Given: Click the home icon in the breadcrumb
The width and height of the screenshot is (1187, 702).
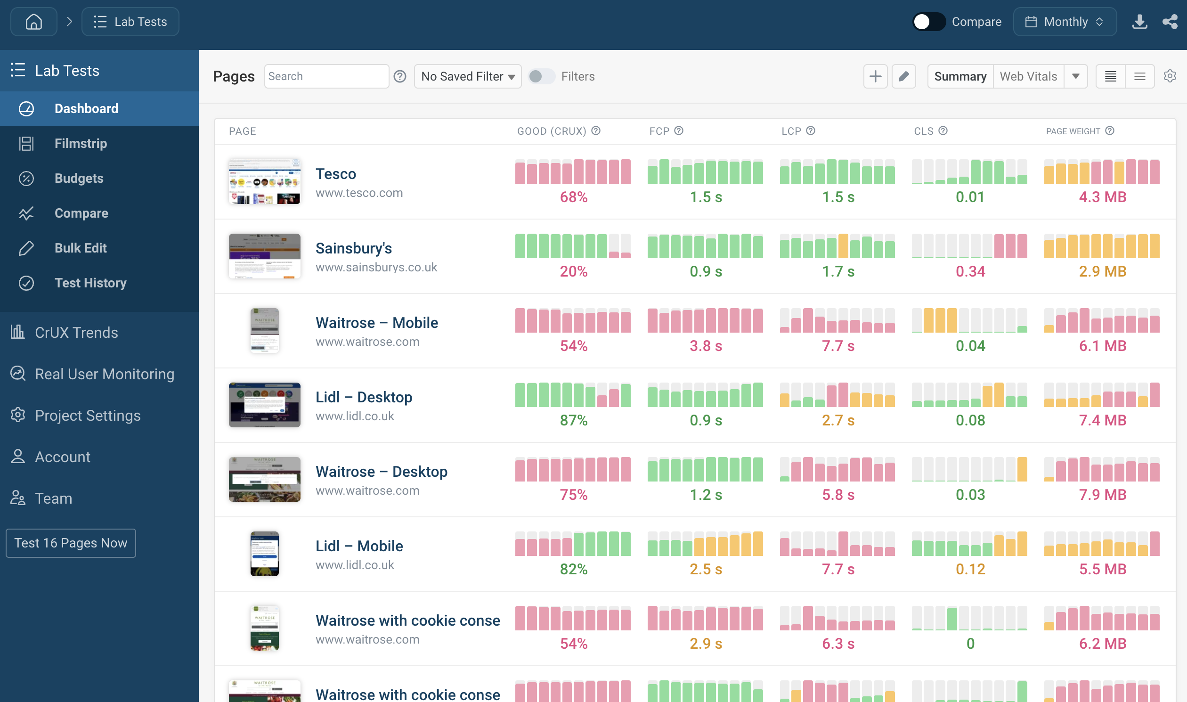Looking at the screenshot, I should [x=33, y=22].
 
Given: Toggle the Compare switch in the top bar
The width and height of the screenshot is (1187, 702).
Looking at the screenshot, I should [x=928, y=22].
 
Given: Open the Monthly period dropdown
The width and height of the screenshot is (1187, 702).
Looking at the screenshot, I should [x=1065, y=22].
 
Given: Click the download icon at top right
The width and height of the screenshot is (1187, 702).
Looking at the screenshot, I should [x=1139, y=22].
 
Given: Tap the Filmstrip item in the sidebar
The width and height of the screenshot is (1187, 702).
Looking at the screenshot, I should [x=81, y=143].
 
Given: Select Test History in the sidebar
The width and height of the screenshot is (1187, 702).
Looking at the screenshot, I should [x=90, y=283].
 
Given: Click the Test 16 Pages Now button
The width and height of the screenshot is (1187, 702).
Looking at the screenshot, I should [x=71, y=543].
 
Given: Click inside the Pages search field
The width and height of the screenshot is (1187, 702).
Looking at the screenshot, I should [x=326, y=76].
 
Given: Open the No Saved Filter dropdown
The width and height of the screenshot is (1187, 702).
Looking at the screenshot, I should [x=467, y=76].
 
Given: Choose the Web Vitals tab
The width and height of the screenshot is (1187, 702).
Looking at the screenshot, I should [x=1028, y=76].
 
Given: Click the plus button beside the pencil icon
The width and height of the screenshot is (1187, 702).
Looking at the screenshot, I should [x=875, y=76].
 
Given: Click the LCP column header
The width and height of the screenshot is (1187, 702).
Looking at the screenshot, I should [x=791, y=131].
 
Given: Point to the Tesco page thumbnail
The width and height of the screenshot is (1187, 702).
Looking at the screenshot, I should [x=264, y=182].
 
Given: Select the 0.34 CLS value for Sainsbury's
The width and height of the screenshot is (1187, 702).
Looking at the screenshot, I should [x=970, y=271].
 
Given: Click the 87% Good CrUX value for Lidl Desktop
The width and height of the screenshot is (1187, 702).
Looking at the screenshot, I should [x=573, y=420].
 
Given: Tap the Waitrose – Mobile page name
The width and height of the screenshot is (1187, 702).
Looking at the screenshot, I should [x=376, y=323].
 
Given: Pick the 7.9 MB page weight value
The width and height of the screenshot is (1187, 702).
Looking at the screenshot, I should [x=1102, y=495].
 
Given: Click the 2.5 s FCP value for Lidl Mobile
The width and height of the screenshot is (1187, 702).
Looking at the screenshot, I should [x=706, y=569].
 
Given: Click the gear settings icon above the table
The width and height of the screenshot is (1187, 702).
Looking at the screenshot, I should [x=1170, y=76].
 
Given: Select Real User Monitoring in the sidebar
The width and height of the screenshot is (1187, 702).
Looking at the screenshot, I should [x=104, y=374].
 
